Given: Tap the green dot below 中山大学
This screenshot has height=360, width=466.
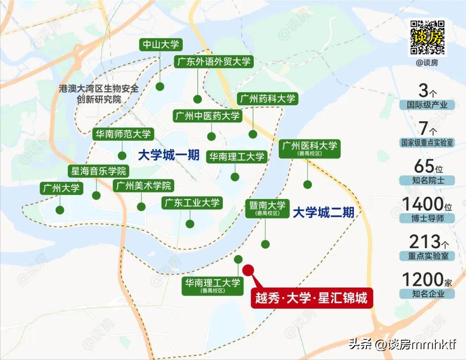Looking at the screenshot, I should click(x=160, y=86).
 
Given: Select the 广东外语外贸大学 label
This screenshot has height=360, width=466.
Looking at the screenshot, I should click(x=213, y=61).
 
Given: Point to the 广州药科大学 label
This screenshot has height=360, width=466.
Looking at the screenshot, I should click(x=268, y=98).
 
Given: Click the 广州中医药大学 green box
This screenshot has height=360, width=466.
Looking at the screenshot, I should click(x=207, y=116).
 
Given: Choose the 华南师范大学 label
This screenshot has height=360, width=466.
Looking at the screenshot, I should click(x=123, y=134).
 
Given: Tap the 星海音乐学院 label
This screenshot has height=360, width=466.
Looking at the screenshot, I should click(x=98, y=171).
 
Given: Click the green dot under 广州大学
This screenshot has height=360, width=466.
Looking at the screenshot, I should click(x=60, y=210).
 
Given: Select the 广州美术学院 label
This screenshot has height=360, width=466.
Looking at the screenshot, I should click(x=143, y=186).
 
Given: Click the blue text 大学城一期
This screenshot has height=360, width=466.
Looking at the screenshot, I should click(x=169, y=155).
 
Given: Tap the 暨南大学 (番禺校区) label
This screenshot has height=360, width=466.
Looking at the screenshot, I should click(x=265, y=208).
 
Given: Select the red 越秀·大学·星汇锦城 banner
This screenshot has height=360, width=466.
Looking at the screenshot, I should click(x=312, y=298).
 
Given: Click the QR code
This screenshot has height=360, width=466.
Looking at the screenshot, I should click(x=427, y=37).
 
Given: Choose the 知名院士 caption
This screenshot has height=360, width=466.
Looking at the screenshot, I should click(x=428, y=180).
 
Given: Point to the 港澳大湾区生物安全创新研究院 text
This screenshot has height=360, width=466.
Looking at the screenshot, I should click(x=99, y=94).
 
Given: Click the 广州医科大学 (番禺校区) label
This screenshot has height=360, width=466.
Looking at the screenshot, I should click(x=309, y=148).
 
